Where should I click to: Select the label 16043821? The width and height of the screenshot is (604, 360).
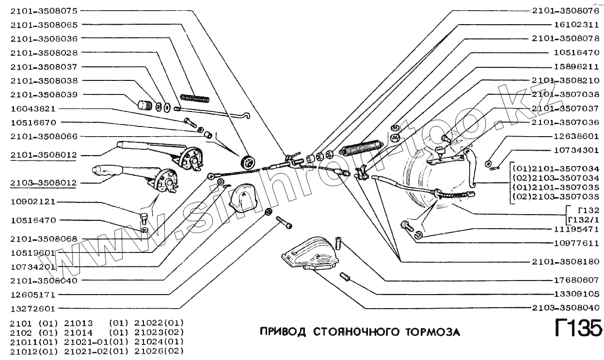[33, 109]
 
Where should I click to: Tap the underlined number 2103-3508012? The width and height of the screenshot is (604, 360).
[44, 183]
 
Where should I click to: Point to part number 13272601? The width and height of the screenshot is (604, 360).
[33, 309]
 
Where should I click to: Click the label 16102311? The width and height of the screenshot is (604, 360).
[576, 24]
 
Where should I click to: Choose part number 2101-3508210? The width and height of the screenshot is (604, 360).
[565, 80]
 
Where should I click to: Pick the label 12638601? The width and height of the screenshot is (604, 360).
[576, 137]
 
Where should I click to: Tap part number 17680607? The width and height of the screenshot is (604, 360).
[576, 280]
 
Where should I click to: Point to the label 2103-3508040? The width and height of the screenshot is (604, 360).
[565, 308]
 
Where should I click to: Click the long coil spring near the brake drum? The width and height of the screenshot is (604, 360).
[362, 145]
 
